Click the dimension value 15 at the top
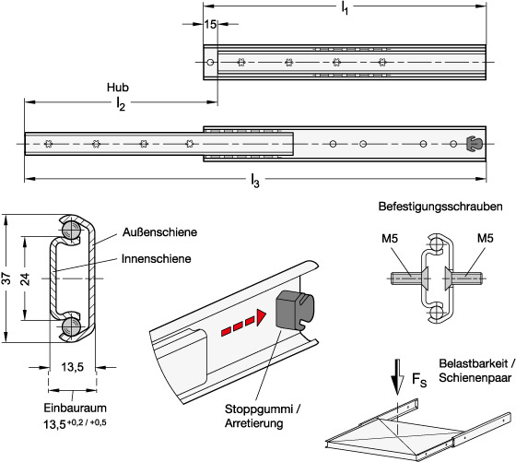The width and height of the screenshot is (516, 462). click(x=210, y=24)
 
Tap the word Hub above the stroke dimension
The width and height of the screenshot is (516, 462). click(x=118, y=88)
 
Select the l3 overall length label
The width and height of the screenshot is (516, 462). click(x=255, y=180)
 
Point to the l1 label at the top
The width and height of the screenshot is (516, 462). click(x=345, y=7)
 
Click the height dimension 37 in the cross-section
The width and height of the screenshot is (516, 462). click(x=6, y=278)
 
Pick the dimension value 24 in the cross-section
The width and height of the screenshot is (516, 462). click(x=26, y=278)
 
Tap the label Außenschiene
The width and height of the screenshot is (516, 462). click(x=159, y=232)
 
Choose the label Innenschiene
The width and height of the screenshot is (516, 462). click(x=157, y=258)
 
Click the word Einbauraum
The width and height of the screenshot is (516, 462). click(x=75, y=408)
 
